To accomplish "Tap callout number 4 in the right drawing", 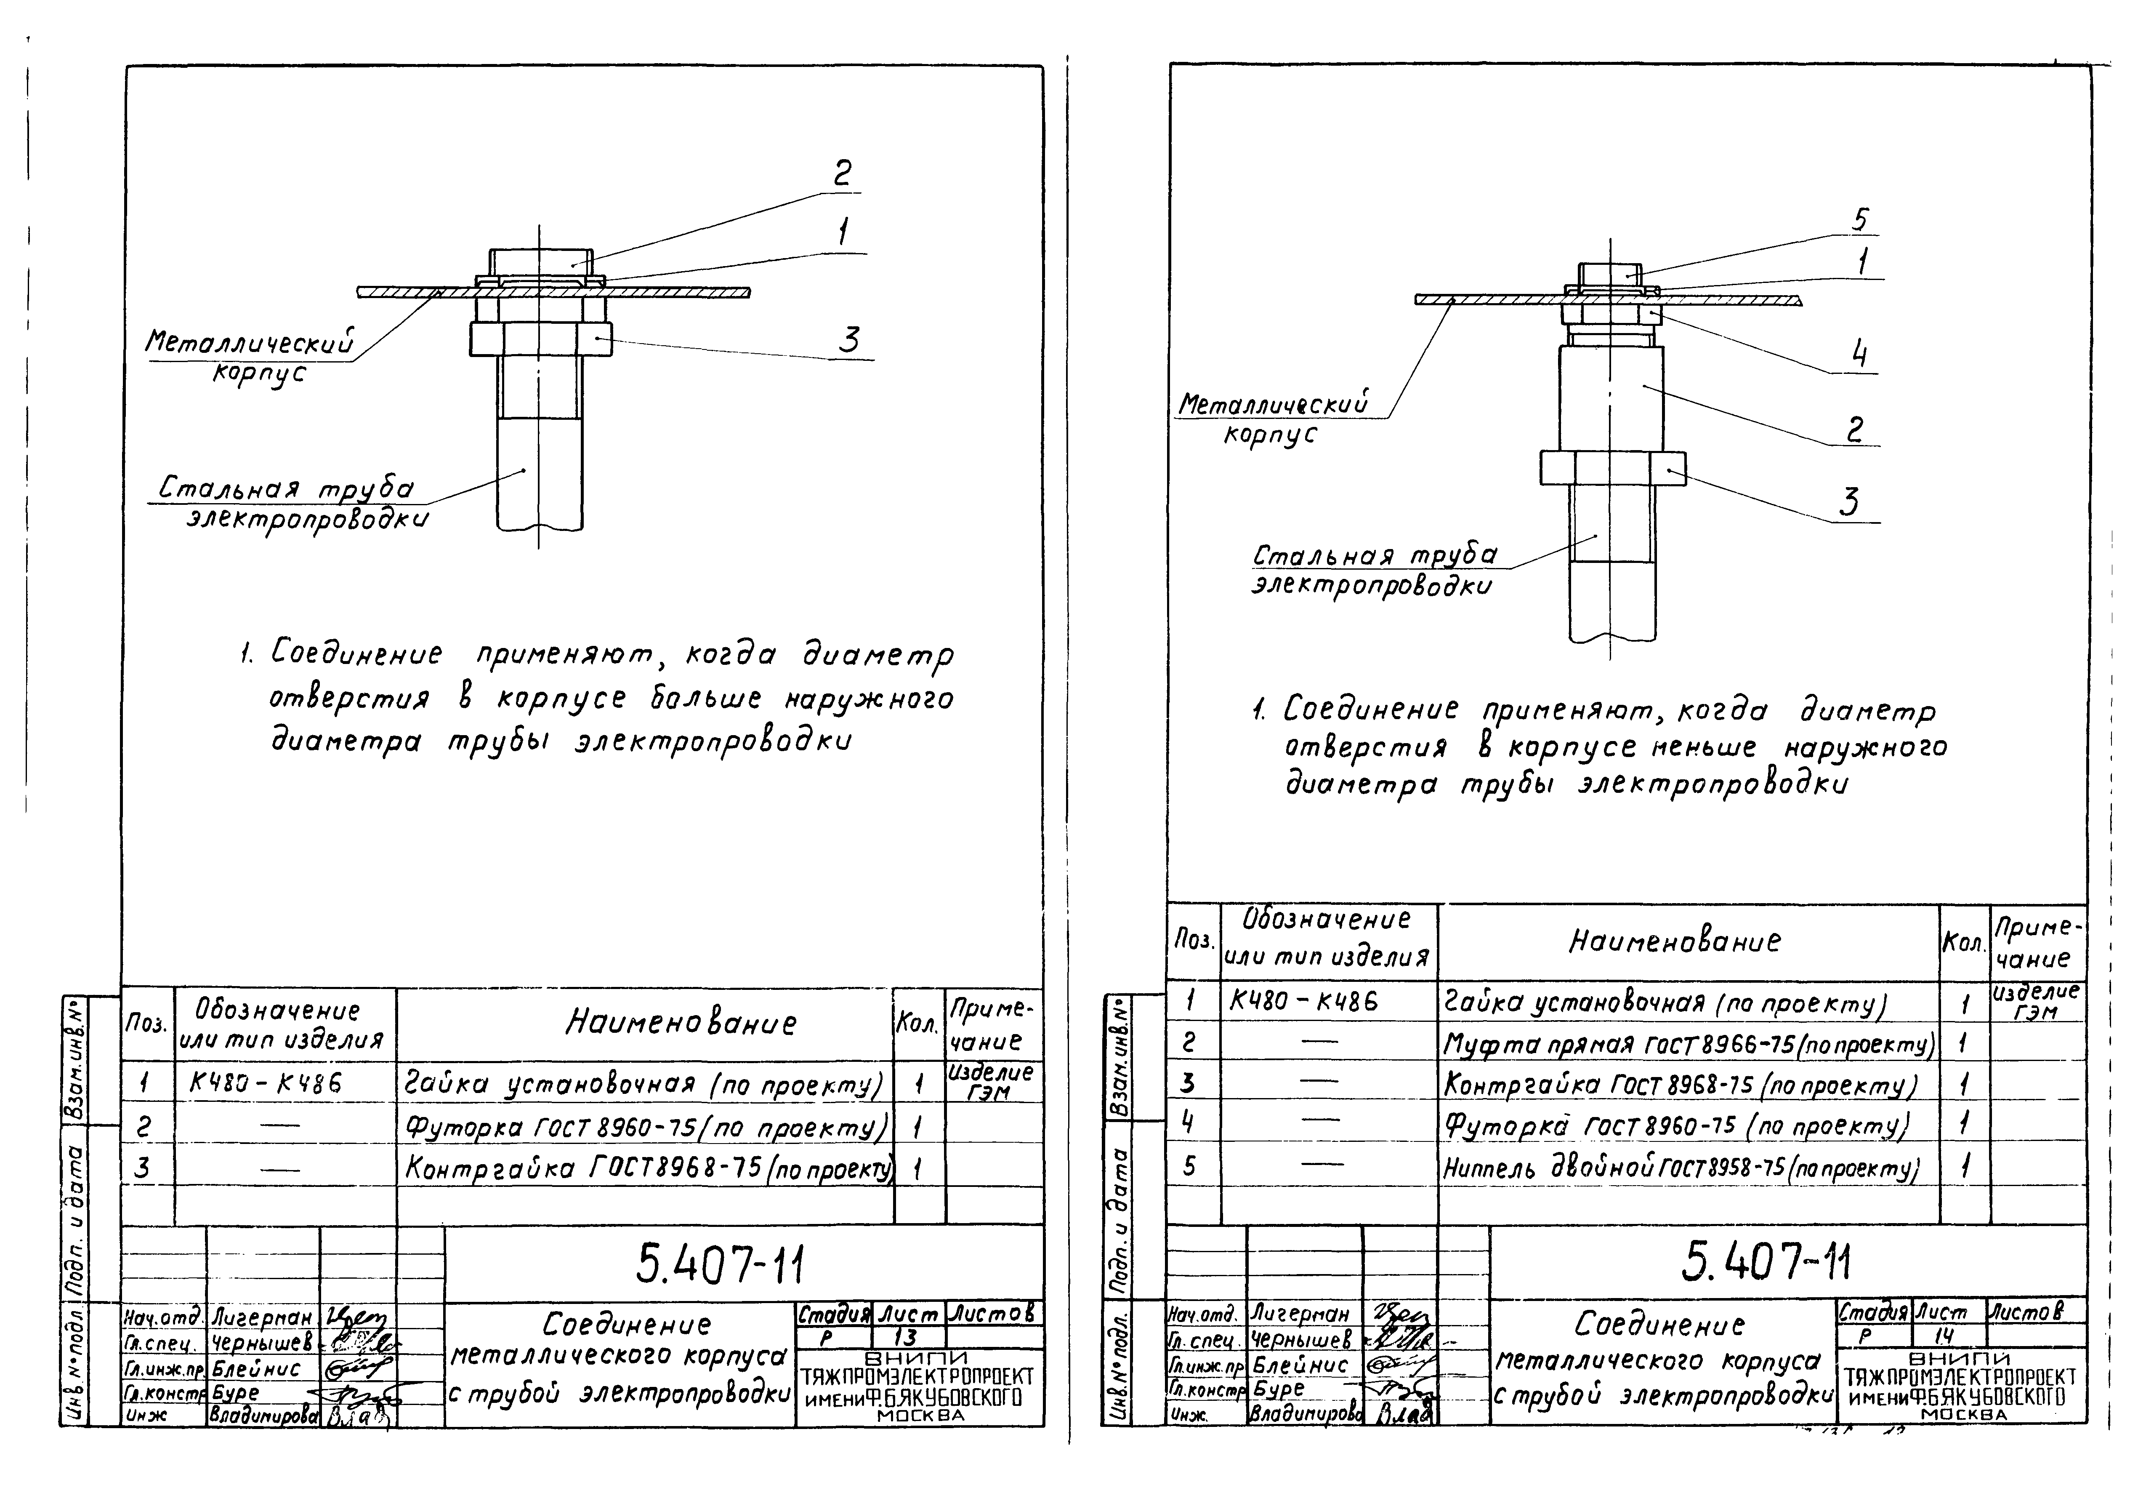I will click(x=1859, y=355).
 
